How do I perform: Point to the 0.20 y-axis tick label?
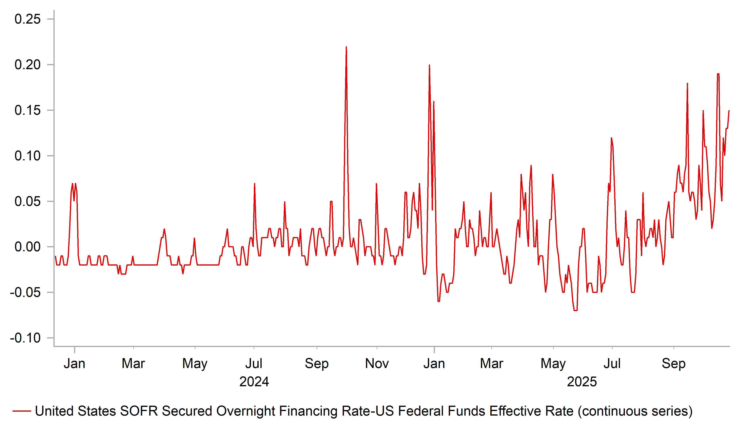(28, 65)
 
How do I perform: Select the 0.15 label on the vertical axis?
(28, 111)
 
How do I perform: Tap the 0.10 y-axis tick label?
(28, 156)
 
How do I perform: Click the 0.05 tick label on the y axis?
(28, 202)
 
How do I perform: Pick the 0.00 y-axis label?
(28, 247)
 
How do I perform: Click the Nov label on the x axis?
(377, 364)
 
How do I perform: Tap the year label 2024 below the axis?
(254, 382)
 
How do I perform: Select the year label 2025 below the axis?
(582, 382)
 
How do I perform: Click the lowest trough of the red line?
(575, 310)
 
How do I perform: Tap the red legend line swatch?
(22, 411)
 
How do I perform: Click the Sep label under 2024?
(317, 364)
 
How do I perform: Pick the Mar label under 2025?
(491, 364)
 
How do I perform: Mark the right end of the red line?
(729, 111)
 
